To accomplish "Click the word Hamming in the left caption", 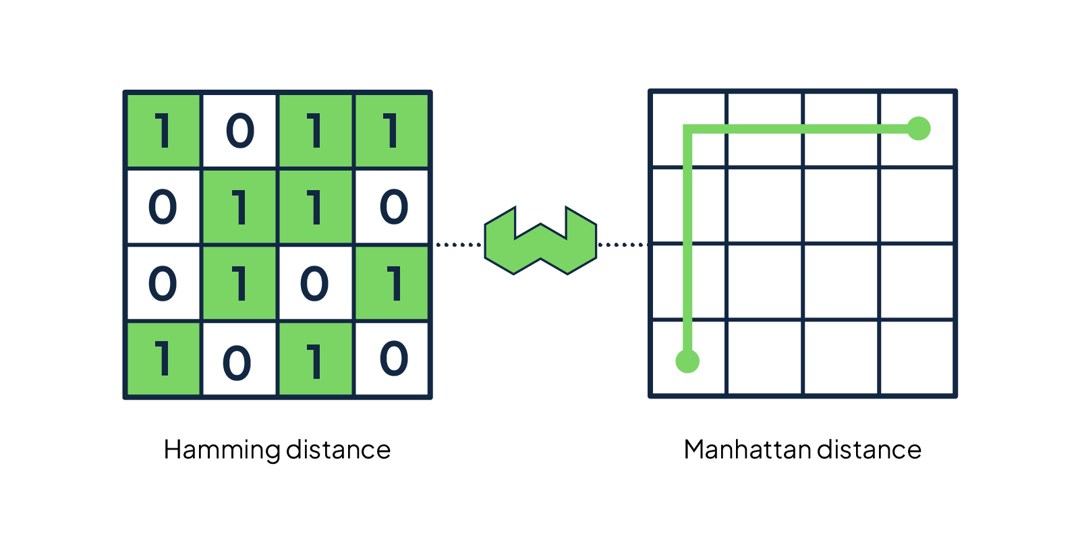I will tap(221, 450).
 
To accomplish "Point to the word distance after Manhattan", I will tap(870, 450).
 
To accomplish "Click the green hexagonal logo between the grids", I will tap(540, 241).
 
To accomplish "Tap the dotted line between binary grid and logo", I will tap(458, 245).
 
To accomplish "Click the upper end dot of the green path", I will tap(918, 128).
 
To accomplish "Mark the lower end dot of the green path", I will tap(687, 361).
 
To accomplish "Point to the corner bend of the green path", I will tap(688, 129).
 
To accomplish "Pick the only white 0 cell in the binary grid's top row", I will tap(240, 131).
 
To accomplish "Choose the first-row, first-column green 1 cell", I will tap(163, 131).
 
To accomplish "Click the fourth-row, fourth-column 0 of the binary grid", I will tap(393, 359).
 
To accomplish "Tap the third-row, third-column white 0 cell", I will tap(315, 283).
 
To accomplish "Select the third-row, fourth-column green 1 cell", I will tap(393, 283).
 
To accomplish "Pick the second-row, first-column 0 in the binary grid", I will tap(163, 207).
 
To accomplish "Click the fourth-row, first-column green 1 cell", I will tap(163, 359).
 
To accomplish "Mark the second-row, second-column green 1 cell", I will tap(240, 207).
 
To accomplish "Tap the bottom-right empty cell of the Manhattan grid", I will tap(917, 358).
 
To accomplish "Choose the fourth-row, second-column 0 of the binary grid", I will tap(239, 360).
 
